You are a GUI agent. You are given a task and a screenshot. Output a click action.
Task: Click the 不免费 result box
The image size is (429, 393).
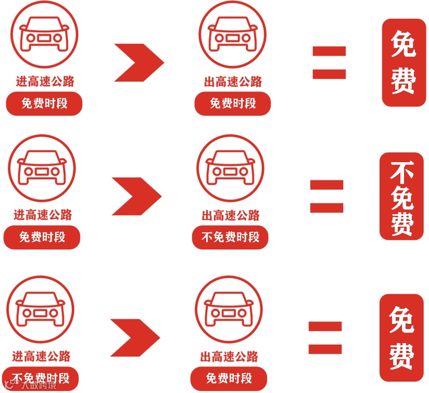pos(401,197)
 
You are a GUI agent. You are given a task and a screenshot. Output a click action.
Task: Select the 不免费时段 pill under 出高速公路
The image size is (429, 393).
pos(230,238)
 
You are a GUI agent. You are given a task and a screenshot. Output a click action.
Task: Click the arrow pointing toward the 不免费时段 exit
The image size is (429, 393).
pos(136,196)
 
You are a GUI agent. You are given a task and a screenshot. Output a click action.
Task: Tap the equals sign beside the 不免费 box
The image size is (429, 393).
pos(326,196)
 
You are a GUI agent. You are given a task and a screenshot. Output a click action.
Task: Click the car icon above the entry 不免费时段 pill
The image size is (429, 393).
pos(40,310)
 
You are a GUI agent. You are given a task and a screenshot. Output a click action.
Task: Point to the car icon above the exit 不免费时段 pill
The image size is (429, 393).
pos(230,169)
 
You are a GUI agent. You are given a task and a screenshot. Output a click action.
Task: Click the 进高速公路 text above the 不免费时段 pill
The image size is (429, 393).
pos(41,357)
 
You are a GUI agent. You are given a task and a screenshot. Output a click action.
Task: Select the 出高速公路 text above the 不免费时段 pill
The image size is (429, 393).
pos(230,215)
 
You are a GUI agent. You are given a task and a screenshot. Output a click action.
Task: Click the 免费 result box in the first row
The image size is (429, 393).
pos(403,62)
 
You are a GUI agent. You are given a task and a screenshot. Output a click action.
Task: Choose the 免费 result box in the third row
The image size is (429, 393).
pos(401,338)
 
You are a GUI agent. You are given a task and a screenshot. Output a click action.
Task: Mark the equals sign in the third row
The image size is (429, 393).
pos(325,338)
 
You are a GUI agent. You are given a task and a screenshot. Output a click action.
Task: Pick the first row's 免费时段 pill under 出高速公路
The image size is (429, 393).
pos(233,103)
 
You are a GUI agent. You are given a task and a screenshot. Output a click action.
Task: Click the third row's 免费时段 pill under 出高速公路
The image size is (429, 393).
pos(229,378)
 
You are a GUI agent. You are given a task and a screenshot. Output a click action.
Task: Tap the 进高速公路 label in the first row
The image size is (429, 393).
pos(45,81)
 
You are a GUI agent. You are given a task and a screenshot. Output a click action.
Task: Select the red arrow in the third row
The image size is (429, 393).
pos(135,338)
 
